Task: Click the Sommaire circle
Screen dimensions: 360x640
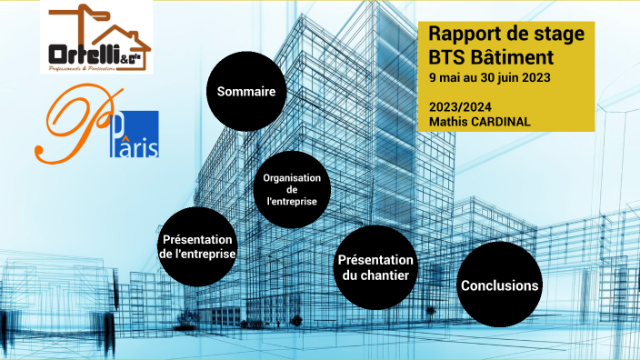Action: point(246,91)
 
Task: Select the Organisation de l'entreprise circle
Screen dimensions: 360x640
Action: point(292,189)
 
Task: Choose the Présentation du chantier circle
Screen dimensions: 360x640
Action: point(375,267)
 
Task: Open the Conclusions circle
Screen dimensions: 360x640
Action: point(499,285)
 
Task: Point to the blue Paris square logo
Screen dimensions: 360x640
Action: point(138,134)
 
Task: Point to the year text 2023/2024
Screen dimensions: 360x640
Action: point(460,106)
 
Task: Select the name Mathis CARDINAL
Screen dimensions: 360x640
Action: point(479,121)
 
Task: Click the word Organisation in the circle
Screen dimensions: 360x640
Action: point(292,177)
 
